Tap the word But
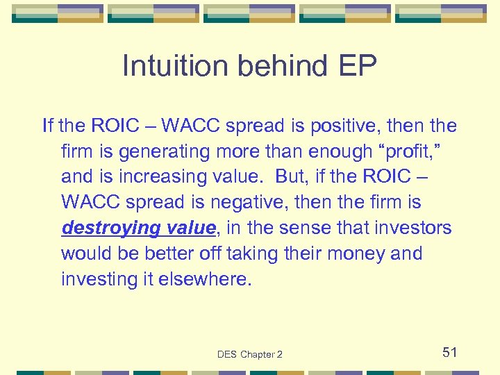290,177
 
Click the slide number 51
449,352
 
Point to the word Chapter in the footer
258,355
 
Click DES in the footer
227,355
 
